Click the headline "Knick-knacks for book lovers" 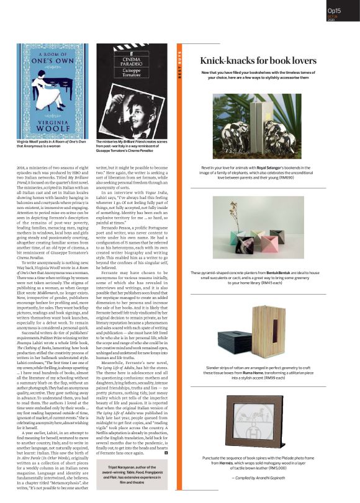point(258,61)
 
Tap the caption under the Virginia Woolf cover point(52,145)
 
